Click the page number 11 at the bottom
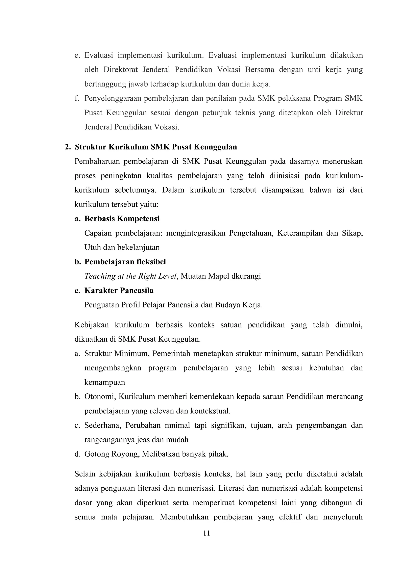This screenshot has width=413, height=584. (x=206, y=533)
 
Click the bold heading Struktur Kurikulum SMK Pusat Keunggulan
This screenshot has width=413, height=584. (x=156, y=147)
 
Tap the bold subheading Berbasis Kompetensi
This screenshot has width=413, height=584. (x=122, y=219)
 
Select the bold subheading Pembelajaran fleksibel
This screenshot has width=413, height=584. (x=125, y=262)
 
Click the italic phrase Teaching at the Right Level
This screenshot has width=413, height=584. (x=130, y=276)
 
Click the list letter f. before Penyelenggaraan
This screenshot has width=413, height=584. (x=77, y=98)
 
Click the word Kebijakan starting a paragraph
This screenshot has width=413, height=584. (x=92, y=325)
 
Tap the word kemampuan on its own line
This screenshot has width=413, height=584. (x=104, y=382)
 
